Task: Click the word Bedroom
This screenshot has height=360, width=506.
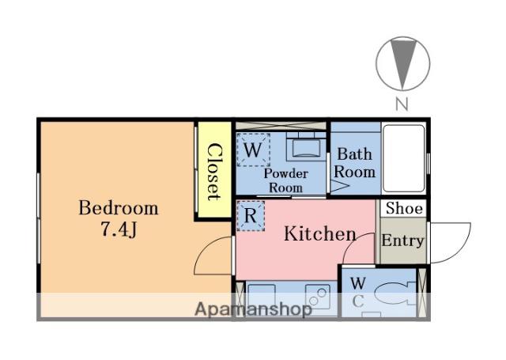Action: [119, 208]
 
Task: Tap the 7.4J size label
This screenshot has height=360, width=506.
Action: [119, 229]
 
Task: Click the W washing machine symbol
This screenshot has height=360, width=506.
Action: [253, 150]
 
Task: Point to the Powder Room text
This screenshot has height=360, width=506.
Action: [286, 180]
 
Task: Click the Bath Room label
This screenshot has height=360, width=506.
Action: [355, 163]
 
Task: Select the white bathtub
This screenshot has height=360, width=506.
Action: [404, 158]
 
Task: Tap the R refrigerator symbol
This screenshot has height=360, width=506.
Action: [251, 216]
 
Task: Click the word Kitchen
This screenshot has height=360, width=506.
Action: [319, 233]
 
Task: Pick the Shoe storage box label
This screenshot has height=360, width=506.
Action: [404, 208]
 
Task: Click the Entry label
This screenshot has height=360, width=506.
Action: [402, 241]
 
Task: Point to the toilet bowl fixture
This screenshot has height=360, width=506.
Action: [395, 294]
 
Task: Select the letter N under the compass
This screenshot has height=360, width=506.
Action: [402, 104]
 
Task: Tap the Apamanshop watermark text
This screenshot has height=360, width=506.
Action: [253, 309]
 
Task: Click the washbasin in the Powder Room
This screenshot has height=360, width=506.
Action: [303, 147]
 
